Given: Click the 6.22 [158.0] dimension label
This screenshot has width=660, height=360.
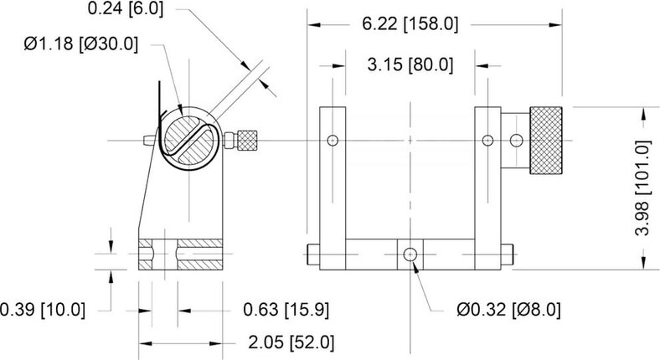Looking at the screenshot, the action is (x=410, y=24).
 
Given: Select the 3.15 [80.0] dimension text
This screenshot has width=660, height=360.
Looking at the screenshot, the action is (x=410, y=65).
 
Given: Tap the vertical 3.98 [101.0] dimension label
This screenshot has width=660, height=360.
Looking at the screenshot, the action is (x=642, y=188).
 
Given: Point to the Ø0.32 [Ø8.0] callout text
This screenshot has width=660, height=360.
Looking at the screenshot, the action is (x=509, y=310).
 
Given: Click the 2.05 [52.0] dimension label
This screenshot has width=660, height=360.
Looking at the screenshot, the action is (x=291, y=342).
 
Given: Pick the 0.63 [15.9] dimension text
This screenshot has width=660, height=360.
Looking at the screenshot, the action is (x=286, y=310).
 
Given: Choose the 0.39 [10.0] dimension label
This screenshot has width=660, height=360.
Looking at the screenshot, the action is (x=43, y=310).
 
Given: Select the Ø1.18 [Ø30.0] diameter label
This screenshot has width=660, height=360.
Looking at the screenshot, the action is (x=80, y=44).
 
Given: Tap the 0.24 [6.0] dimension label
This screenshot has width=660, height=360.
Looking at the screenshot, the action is (x=125, y=8).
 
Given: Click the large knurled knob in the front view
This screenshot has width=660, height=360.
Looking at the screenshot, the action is (x=546, y=140).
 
